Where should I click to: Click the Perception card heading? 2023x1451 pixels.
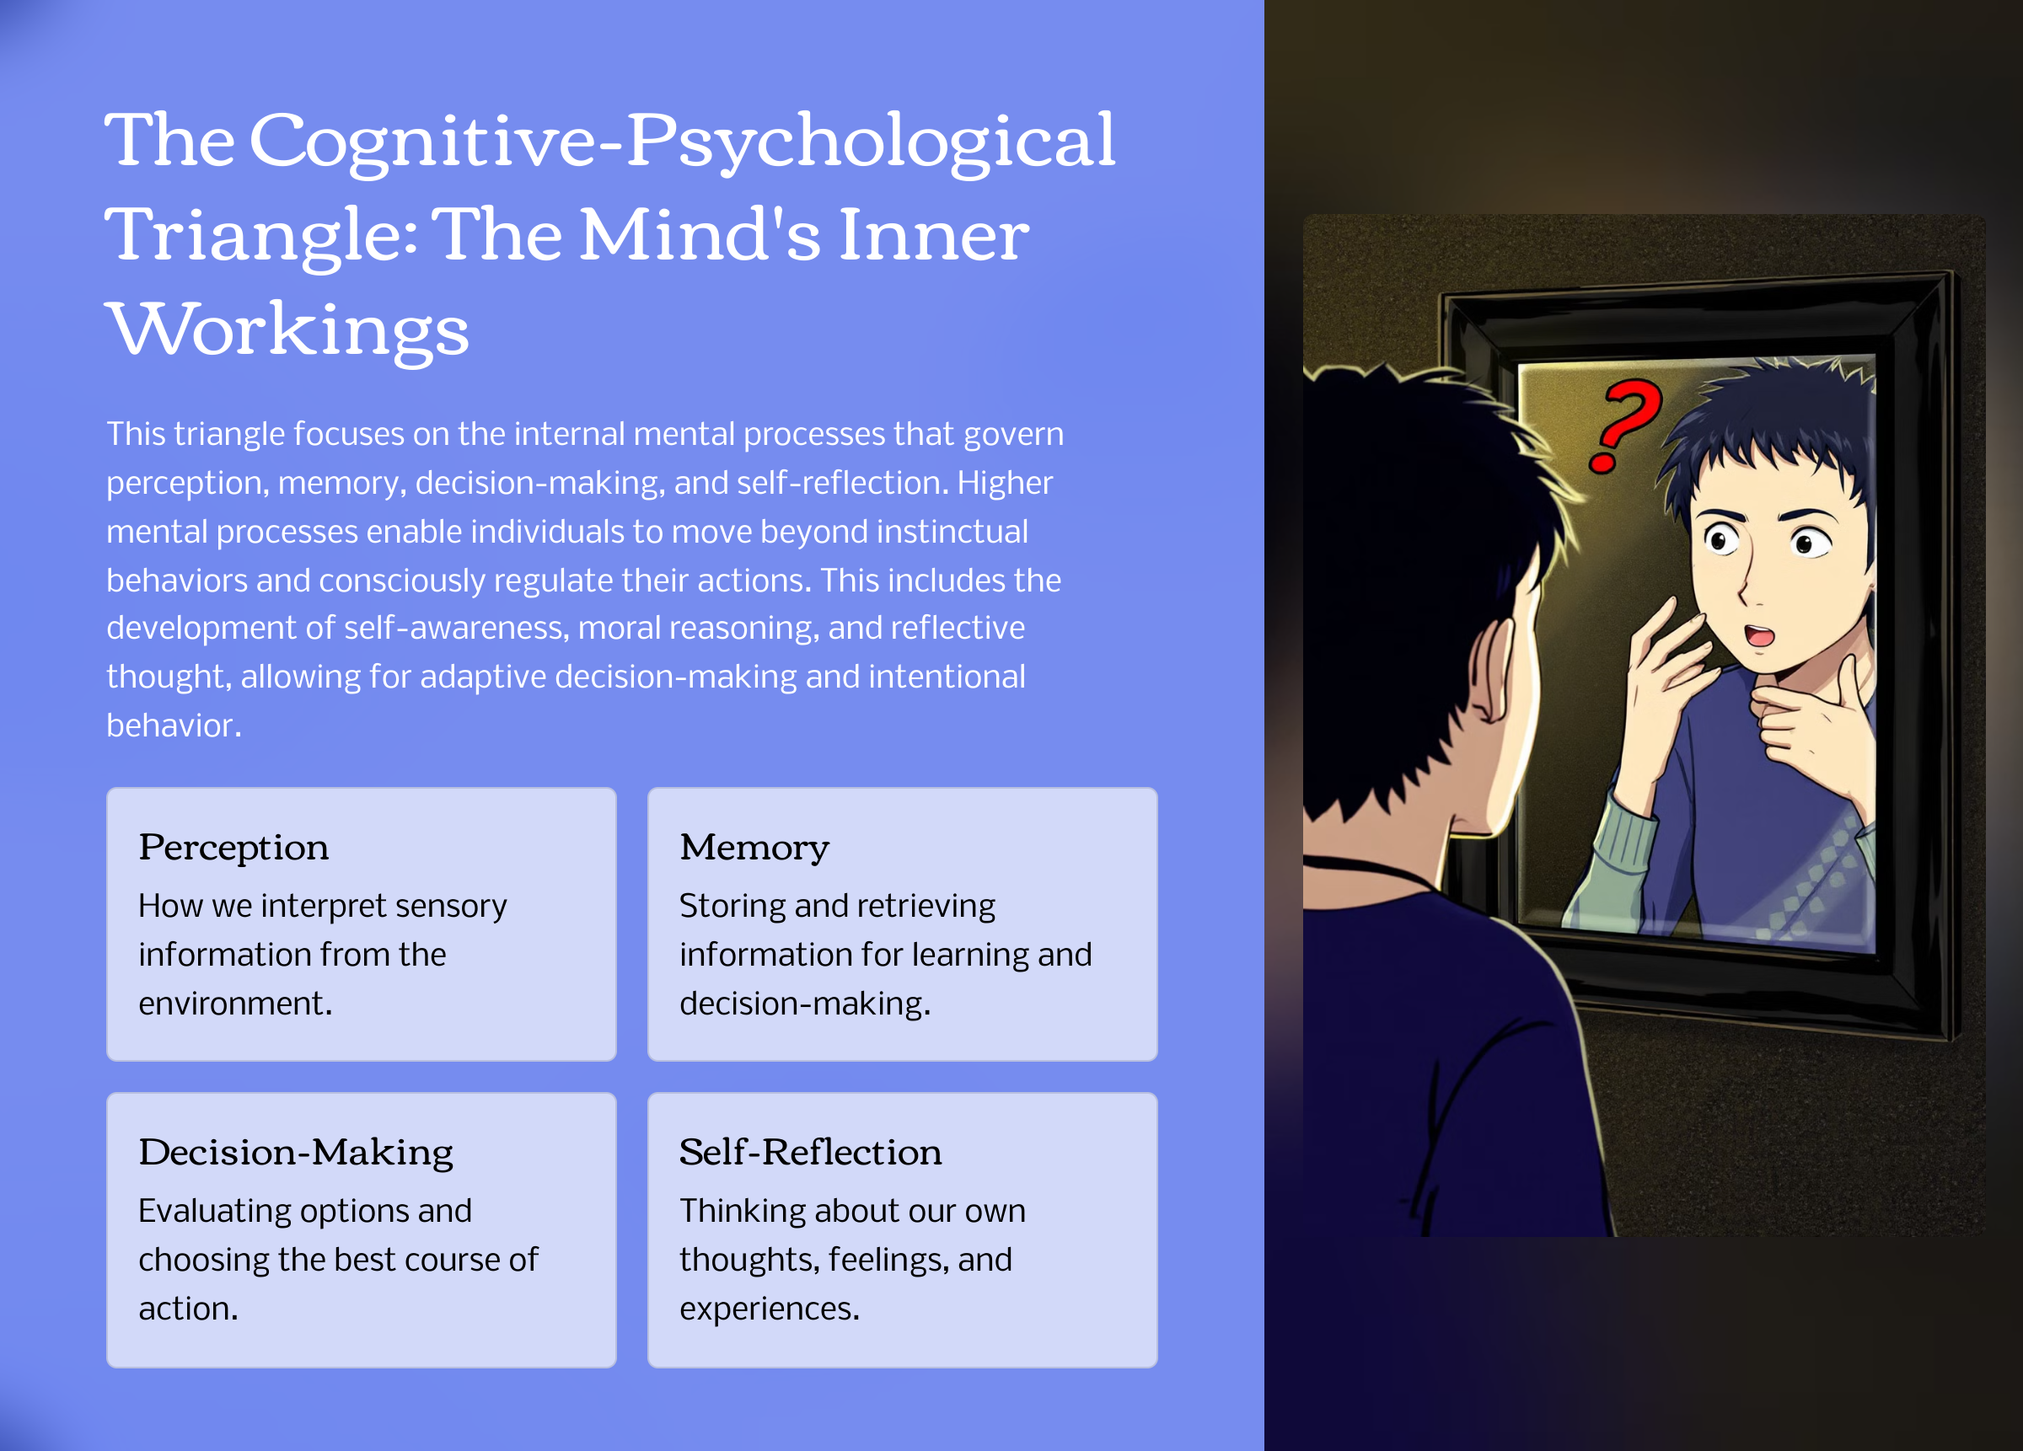click(x=233, y=847)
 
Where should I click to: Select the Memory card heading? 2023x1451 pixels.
click(x=754, y=847)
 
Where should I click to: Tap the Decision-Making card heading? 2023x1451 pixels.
click(x=295, y=1152)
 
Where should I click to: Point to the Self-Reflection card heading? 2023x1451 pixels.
click(x=810, y=1152)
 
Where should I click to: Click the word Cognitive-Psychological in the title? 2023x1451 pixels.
click(x=683, y=141)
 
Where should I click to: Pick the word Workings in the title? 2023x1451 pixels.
click(x=287, y=330)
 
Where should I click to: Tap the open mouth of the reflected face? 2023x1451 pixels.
click(x=1759, y=634)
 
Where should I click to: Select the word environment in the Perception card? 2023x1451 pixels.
click(x=234, y=1004)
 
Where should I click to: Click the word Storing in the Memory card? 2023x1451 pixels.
click(x=730, y=906)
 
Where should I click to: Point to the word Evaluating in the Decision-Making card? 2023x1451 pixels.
click(x=214, y=1211)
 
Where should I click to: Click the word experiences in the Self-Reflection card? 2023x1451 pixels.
click(x=769, y=1309)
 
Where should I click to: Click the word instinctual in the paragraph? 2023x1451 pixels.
click(x=952, y=532)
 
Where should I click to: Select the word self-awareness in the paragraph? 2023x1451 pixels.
click(x=456, y=629)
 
